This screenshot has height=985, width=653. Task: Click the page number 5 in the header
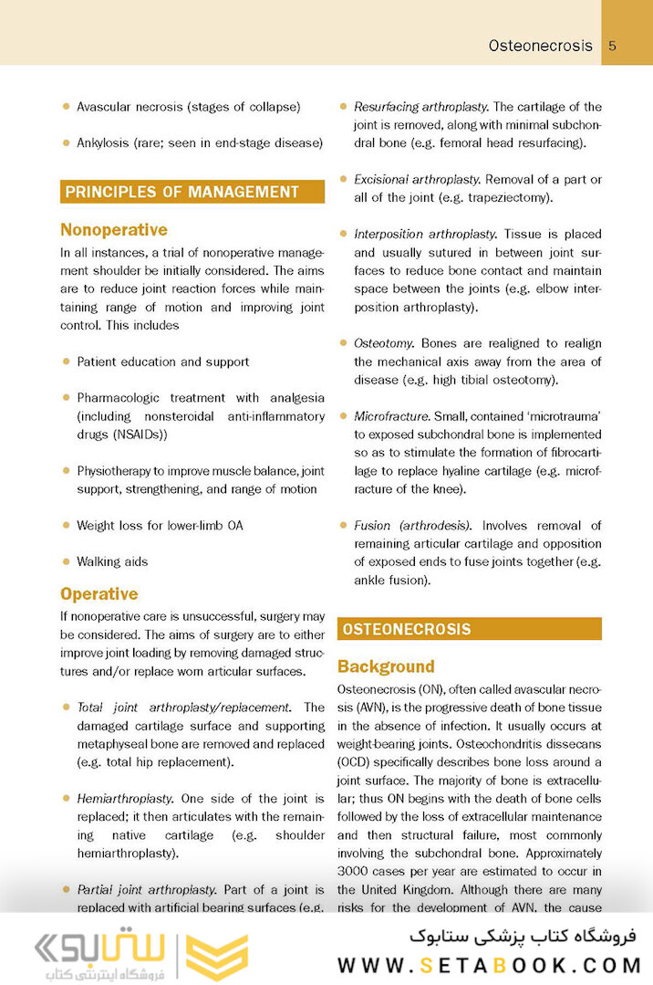[613, 46]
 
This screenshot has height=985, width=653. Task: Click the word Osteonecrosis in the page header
[540, 46]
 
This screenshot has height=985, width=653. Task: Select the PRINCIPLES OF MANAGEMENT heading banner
[192, 192]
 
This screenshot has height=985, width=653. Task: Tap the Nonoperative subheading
[114, 230]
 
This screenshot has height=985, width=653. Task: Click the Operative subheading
[99, 594]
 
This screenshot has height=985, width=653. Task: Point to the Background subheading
[386, 666]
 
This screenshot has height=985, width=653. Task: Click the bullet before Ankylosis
[67, 142]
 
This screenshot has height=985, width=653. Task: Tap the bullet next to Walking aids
[67, 561]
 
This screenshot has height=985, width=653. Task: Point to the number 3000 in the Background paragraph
[355, 871]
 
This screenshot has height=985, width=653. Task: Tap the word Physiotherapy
[119, 471]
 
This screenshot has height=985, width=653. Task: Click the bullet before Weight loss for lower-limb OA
[67, 526]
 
